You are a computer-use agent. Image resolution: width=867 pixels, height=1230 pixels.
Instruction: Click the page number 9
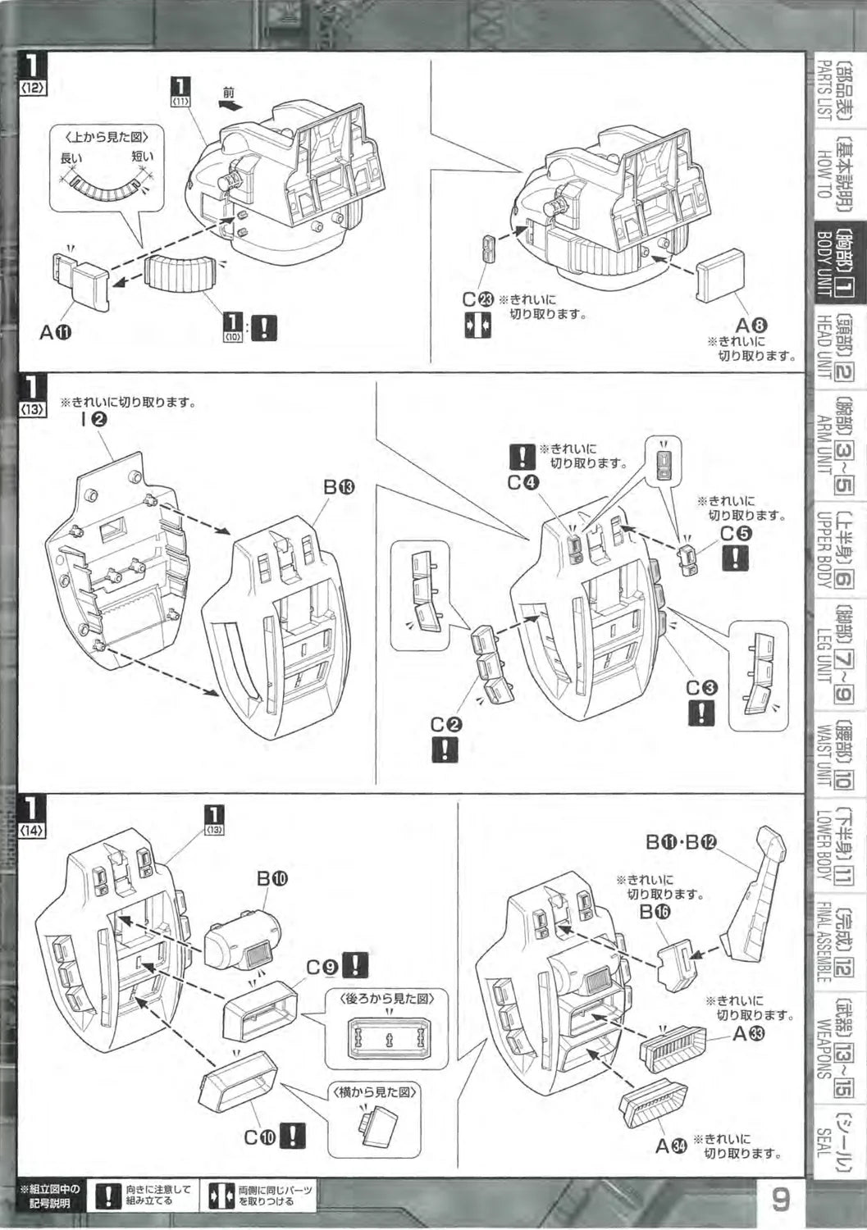780,1200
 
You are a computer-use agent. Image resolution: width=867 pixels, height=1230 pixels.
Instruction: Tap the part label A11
56,332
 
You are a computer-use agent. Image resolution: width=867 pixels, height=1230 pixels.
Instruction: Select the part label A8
752,326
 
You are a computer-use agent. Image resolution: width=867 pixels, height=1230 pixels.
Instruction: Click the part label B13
339,487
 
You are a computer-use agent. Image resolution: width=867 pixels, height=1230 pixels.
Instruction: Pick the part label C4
522,482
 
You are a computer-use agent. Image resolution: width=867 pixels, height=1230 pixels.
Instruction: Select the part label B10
272,878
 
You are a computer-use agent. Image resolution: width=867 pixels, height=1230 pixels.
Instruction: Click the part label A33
748,1034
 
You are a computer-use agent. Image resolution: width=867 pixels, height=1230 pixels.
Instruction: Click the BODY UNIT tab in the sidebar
834,262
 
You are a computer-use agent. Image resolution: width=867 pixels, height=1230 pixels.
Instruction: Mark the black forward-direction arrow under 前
230,106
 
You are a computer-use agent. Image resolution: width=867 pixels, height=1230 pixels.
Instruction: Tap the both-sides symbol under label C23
477,324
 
